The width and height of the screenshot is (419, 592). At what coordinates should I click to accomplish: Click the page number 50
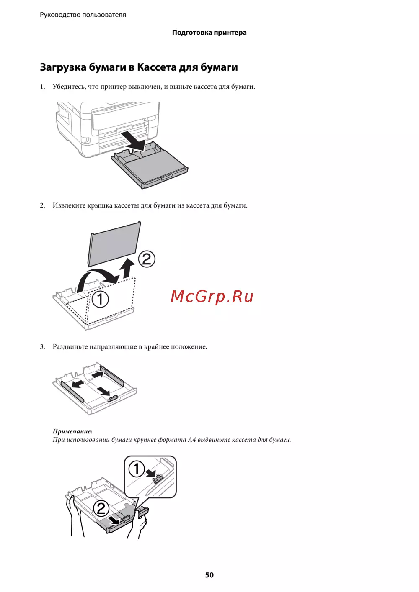click(x=209, y=575)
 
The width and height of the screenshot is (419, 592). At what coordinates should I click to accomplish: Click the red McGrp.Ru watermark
click(x=212, y=297)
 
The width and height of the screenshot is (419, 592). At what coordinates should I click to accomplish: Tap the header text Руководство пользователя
click(x=83, y=15)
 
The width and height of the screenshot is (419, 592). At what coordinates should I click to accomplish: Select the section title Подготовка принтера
click(x=209, y=33)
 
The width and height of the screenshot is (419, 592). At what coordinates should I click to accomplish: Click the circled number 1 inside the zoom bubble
click(x=137, y=469)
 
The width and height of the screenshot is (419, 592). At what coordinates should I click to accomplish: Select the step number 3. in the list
click(x=43, y=346)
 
